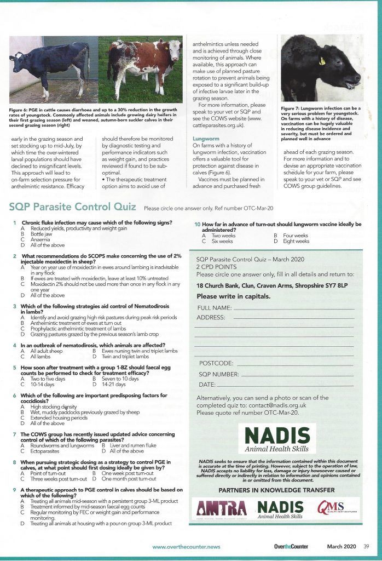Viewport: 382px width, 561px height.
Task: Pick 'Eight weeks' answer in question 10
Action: click(x=296, y=241)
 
